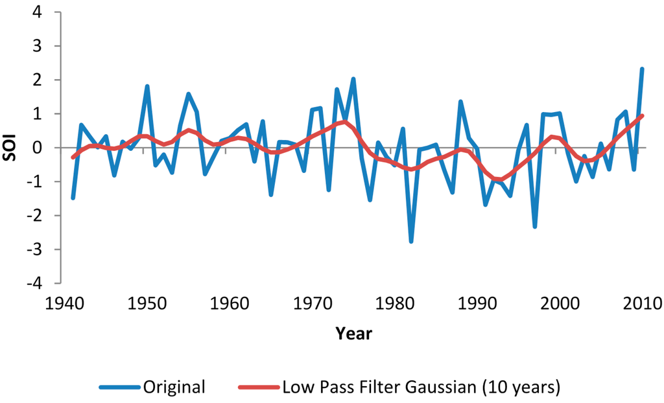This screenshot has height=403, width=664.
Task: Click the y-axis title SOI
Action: tap(12, 147)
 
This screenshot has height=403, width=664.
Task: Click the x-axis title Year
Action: tap(354, 334)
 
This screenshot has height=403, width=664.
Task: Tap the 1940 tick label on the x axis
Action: tap(60, 303)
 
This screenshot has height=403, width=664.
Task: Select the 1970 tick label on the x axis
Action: tap(308, 303)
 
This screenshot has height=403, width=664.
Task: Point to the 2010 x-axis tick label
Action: tap(638, 303)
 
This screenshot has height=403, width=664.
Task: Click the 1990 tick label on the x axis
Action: tap(473, 303)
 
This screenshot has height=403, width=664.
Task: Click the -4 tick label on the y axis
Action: tap(35, 283)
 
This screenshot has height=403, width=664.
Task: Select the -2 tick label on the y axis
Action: tap(35, 215)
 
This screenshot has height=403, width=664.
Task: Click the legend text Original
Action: tap(174, 387)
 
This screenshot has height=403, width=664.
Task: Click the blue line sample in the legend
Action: tap(120, 387)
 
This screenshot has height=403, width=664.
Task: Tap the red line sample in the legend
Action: tap(259, 387)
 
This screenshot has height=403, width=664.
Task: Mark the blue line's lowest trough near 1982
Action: tap(411, 241)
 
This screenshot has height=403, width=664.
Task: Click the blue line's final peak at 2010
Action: tap(642, 69)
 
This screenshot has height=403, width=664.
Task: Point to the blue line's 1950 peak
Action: tap(147, 86)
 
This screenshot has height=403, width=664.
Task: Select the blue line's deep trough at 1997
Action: tap(535, 226)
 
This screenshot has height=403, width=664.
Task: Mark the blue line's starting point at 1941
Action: tap(73, 198)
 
